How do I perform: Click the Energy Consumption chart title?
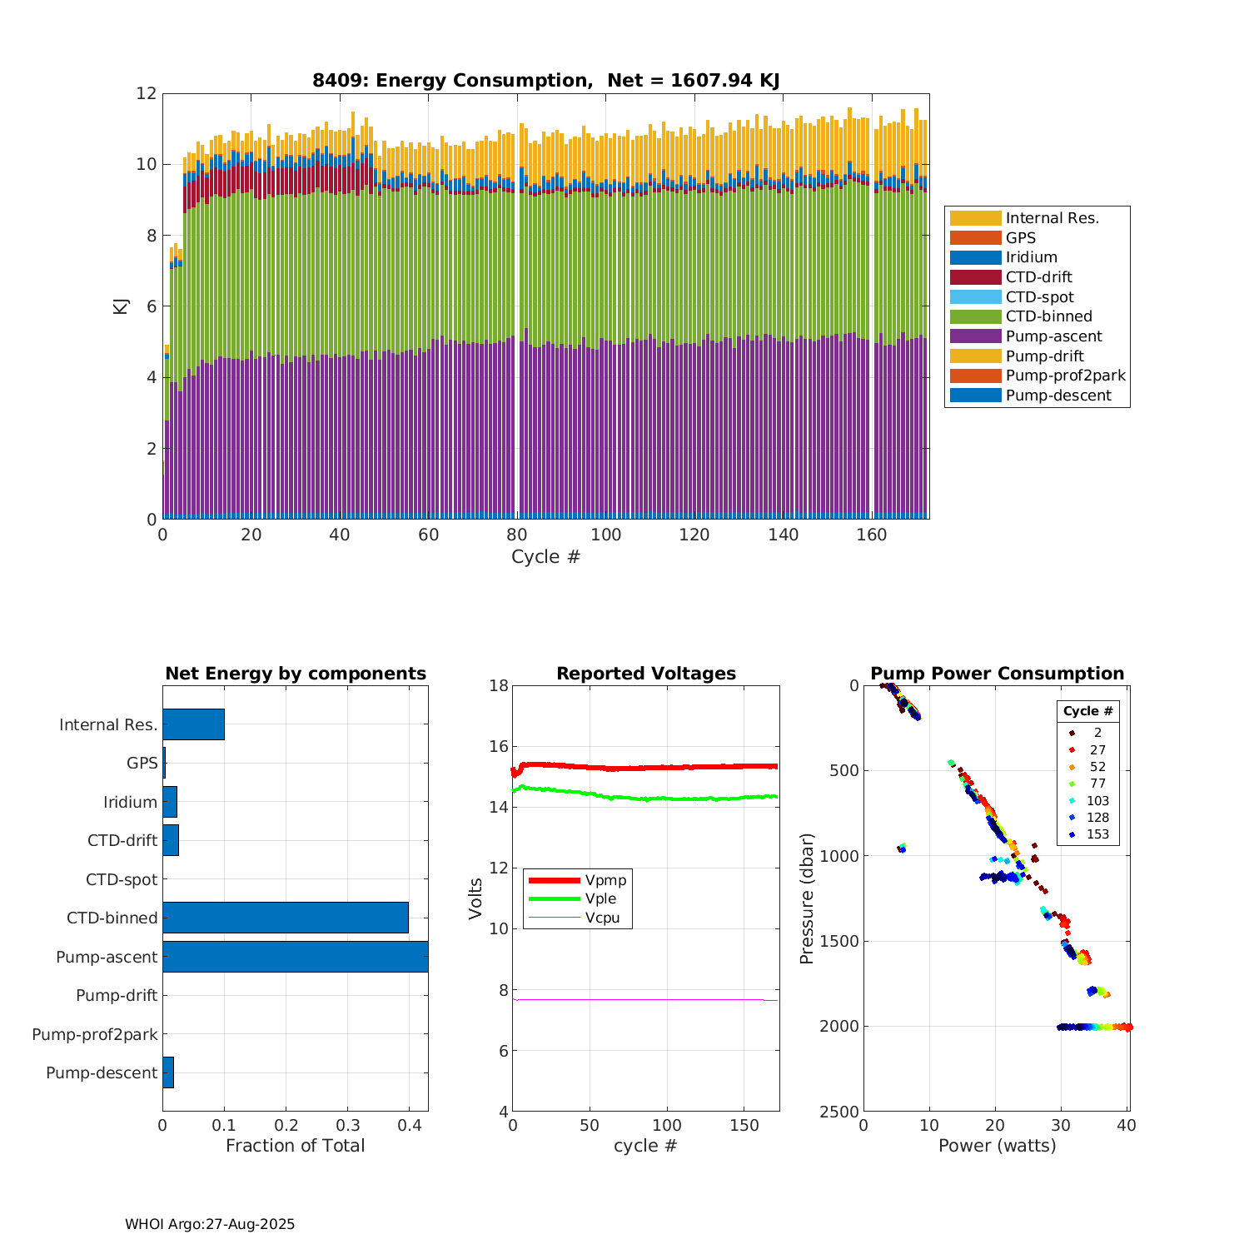[x=545, y=81]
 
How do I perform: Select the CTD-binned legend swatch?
[x=975, y=316]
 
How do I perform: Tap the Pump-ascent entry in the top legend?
[x=1053, y=336]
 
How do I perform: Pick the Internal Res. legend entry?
[x=1052, y=218]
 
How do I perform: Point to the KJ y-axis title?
[x=121, y=306]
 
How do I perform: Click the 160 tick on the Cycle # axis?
[x=872, y=535]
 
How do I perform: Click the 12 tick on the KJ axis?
[x=147, y=93]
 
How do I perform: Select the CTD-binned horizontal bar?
[x=286, y=918]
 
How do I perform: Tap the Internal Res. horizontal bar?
[x=193, y=724]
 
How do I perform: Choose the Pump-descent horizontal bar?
[x=168, y=1072]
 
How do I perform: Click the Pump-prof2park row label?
[x=95, y=1034]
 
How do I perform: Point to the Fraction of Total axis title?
[x=296, y=1146]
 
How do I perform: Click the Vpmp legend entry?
[x=605, y=880]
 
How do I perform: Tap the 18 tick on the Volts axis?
[x=499, y=686]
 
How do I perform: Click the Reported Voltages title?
[x=646, y=674]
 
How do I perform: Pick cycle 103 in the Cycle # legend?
[x=1097, y=801]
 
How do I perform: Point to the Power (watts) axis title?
[x=997, y=1146]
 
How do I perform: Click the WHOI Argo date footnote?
[x=210, y=1224]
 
